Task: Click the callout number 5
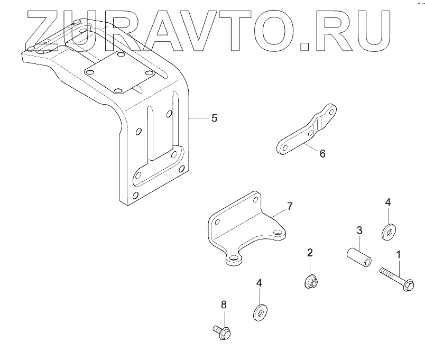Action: pyautogui.click(x=214, y=118)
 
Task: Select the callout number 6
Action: pyautogui.click(x=322, y=153)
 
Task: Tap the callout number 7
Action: pyautogui.click(x=289, y=206)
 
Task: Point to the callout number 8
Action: pyautogui.click(x=223, y=304)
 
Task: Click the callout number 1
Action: pyautogui.click(x=398, y=255)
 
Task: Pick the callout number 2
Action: pyautogui.click(x=310, y=253)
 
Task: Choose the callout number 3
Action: pyautogui.click(x=359, y=230)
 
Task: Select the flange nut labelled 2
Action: pyautogui.click(x=310, y=283)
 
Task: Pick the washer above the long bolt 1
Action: pyautogui.click(x=389, y=232)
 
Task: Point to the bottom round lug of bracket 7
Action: pyautogui.click(x=233, y=259)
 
